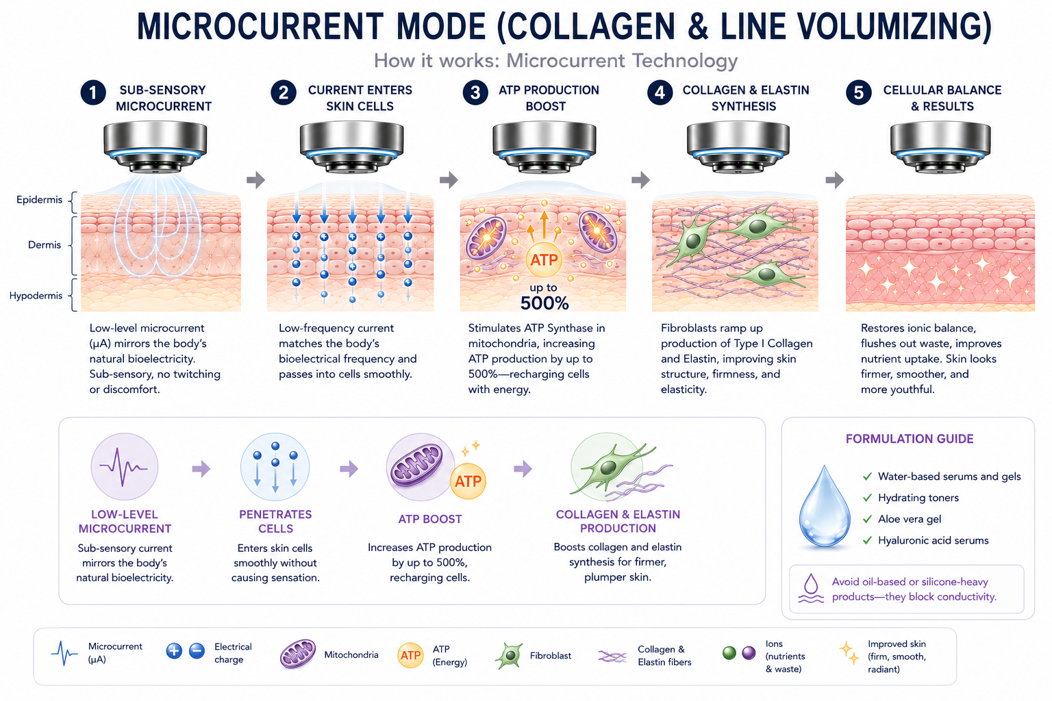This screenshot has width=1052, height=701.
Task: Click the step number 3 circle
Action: pos(475,92)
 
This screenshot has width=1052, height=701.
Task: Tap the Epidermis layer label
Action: pos(40,199)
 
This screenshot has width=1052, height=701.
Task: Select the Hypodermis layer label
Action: pos(36,295)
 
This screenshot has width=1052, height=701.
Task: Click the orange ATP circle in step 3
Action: pos(544,259)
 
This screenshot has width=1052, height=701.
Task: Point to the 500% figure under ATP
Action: pos(544,303)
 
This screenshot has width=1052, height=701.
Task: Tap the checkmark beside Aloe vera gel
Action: pos(867,519)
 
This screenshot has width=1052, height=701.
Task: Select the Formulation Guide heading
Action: pos(910,439)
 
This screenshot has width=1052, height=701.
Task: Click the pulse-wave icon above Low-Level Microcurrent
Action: pos(124,466)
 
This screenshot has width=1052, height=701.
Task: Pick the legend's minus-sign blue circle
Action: pos(197,651)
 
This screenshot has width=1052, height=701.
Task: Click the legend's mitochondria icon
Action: pos(298,653)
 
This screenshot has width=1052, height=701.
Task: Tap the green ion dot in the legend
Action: pos(729,652)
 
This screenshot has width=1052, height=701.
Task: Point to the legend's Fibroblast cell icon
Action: pos(509,655)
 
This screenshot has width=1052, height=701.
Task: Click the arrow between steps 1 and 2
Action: pos(255,179)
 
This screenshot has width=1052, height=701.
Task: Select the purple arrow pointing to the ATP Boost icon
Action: pos(349,468)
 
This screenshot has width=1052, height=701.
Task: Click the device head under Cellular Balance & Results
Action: pos(940,147)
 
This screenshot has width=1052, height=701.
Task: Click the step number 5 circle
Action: pos(858,92)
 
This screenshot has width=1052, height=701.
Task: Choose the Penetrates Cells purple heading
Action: pos(275,521)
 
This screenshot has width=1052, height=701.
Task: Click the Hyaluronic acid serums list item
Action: pos(934,540)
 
